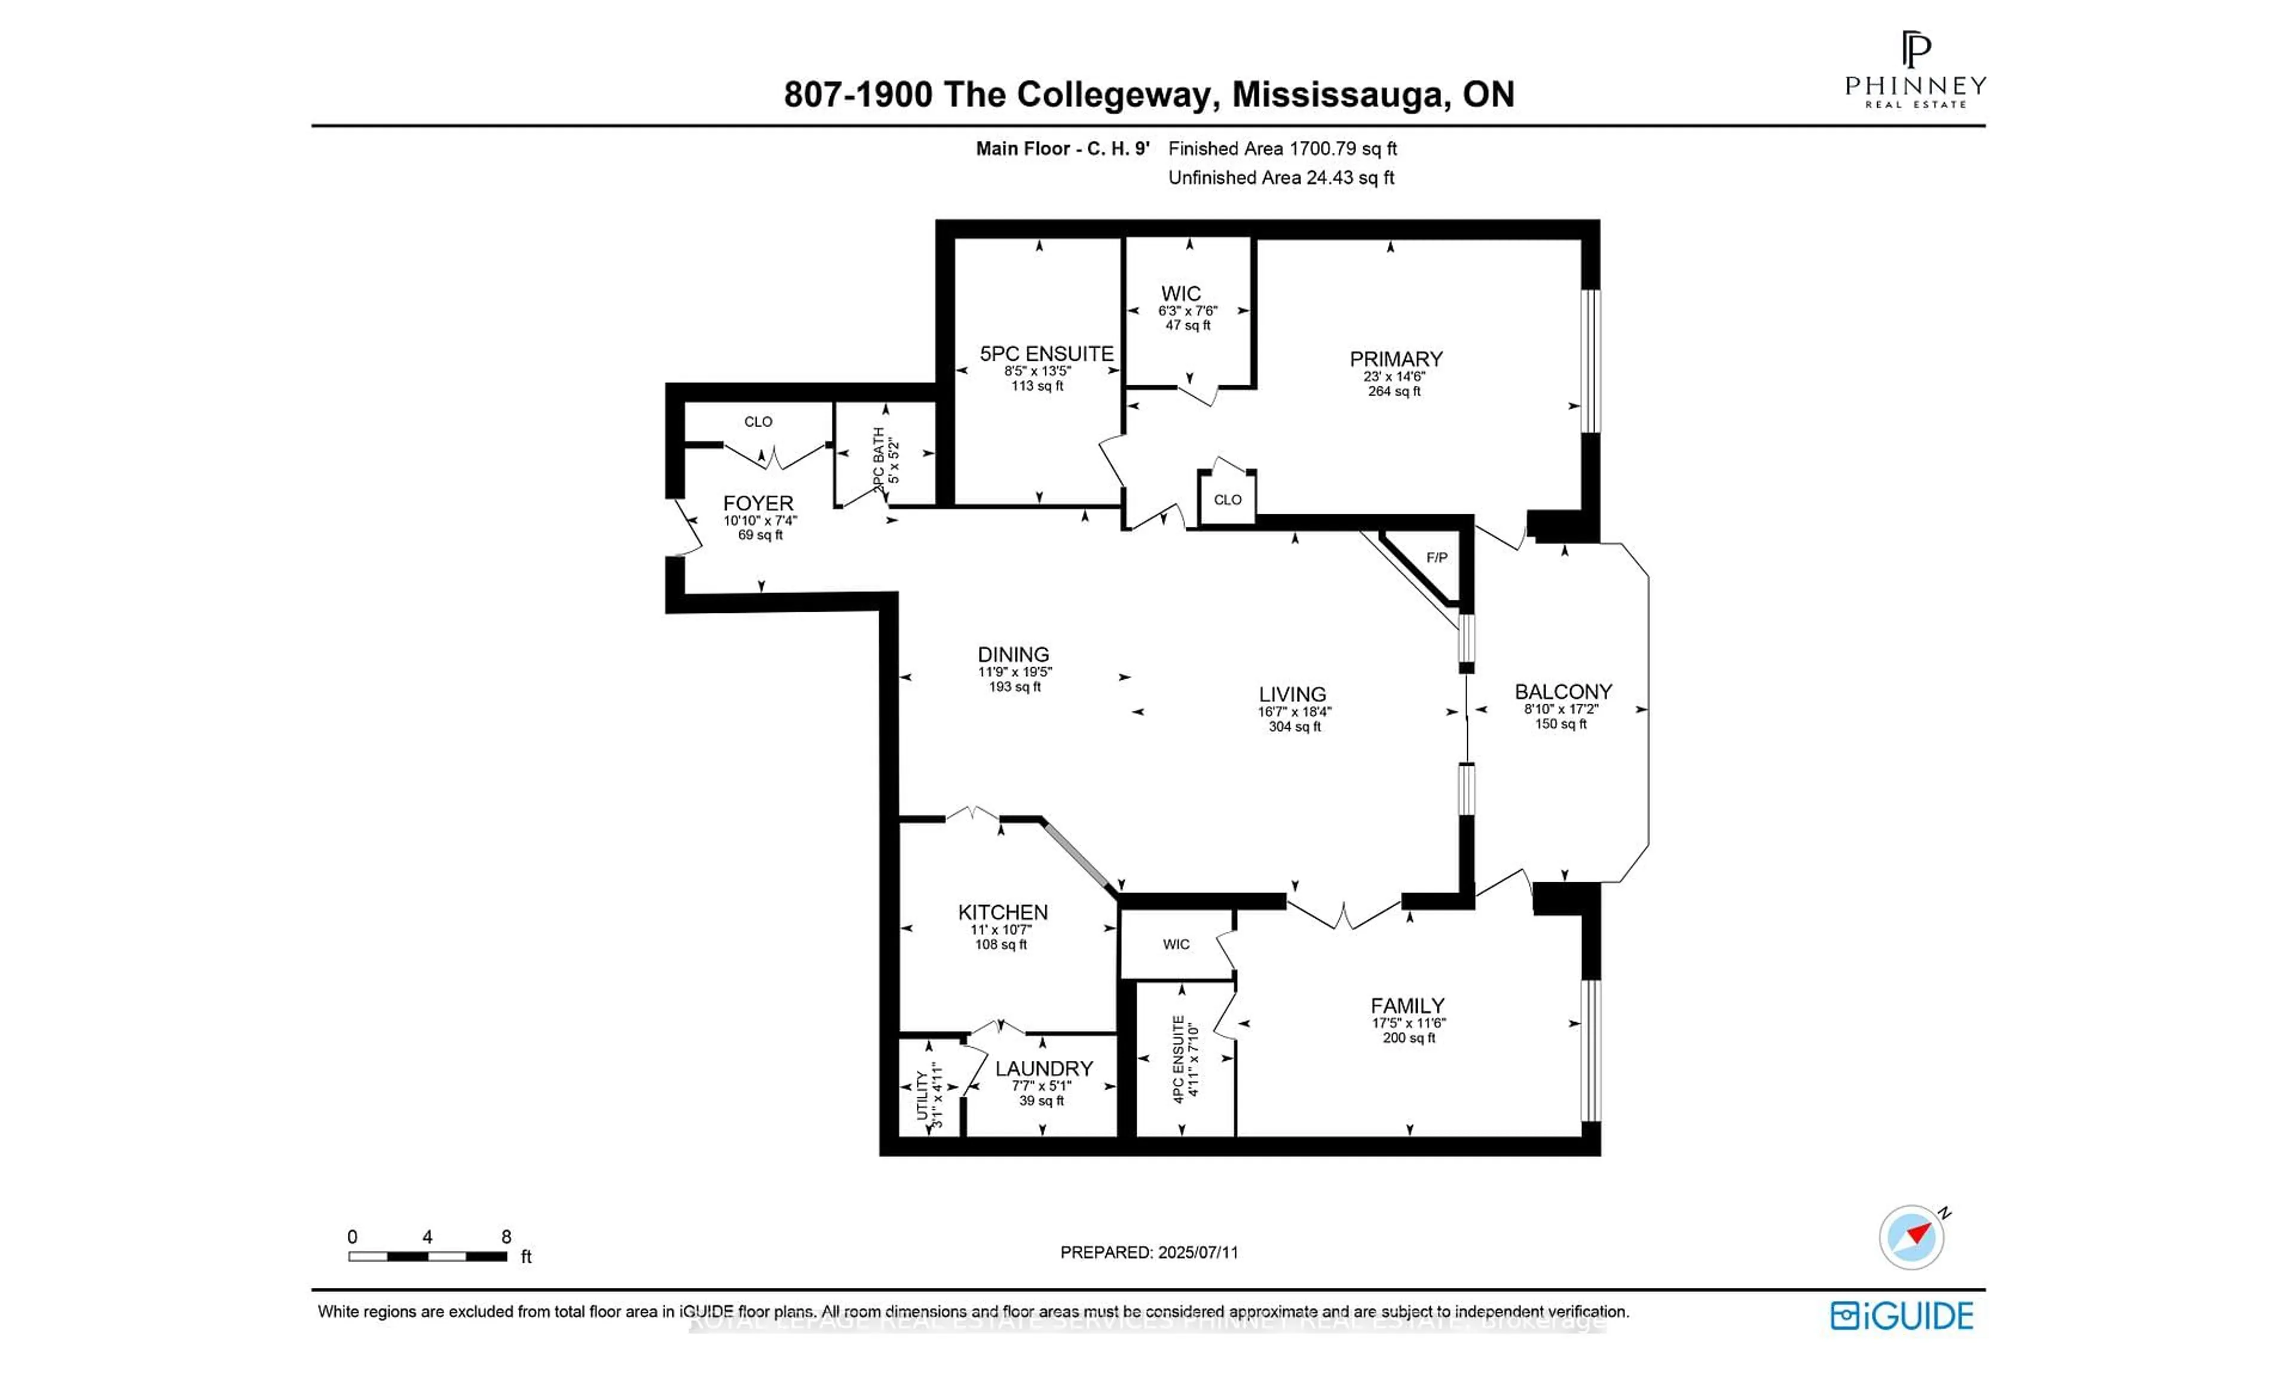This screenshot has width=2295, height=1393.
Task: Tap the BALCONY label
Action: click(1562, 692)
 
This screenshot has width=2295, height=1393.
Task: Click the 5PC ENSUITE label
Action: click(1046, 354)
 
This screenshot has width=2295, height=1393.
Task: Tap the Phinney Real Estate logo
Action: click(1915, 70)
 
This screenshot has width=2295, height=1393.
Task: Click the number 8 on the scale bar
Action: click(506, 1236)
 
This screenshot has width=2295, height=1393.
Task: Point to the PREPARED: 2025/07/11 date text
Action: click(1149, 1253)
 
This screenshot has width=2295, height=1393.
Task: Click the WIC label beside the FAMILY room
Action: click(1176, 944)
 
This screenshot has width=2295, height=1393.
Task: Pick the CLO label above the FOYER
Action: click(758, 422)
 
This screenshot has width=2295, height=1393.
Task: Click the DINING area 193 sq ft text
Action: click(1014, 687)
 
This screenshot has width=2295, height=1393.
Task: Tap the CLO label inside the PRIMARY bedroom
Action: click(1226, 500)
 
